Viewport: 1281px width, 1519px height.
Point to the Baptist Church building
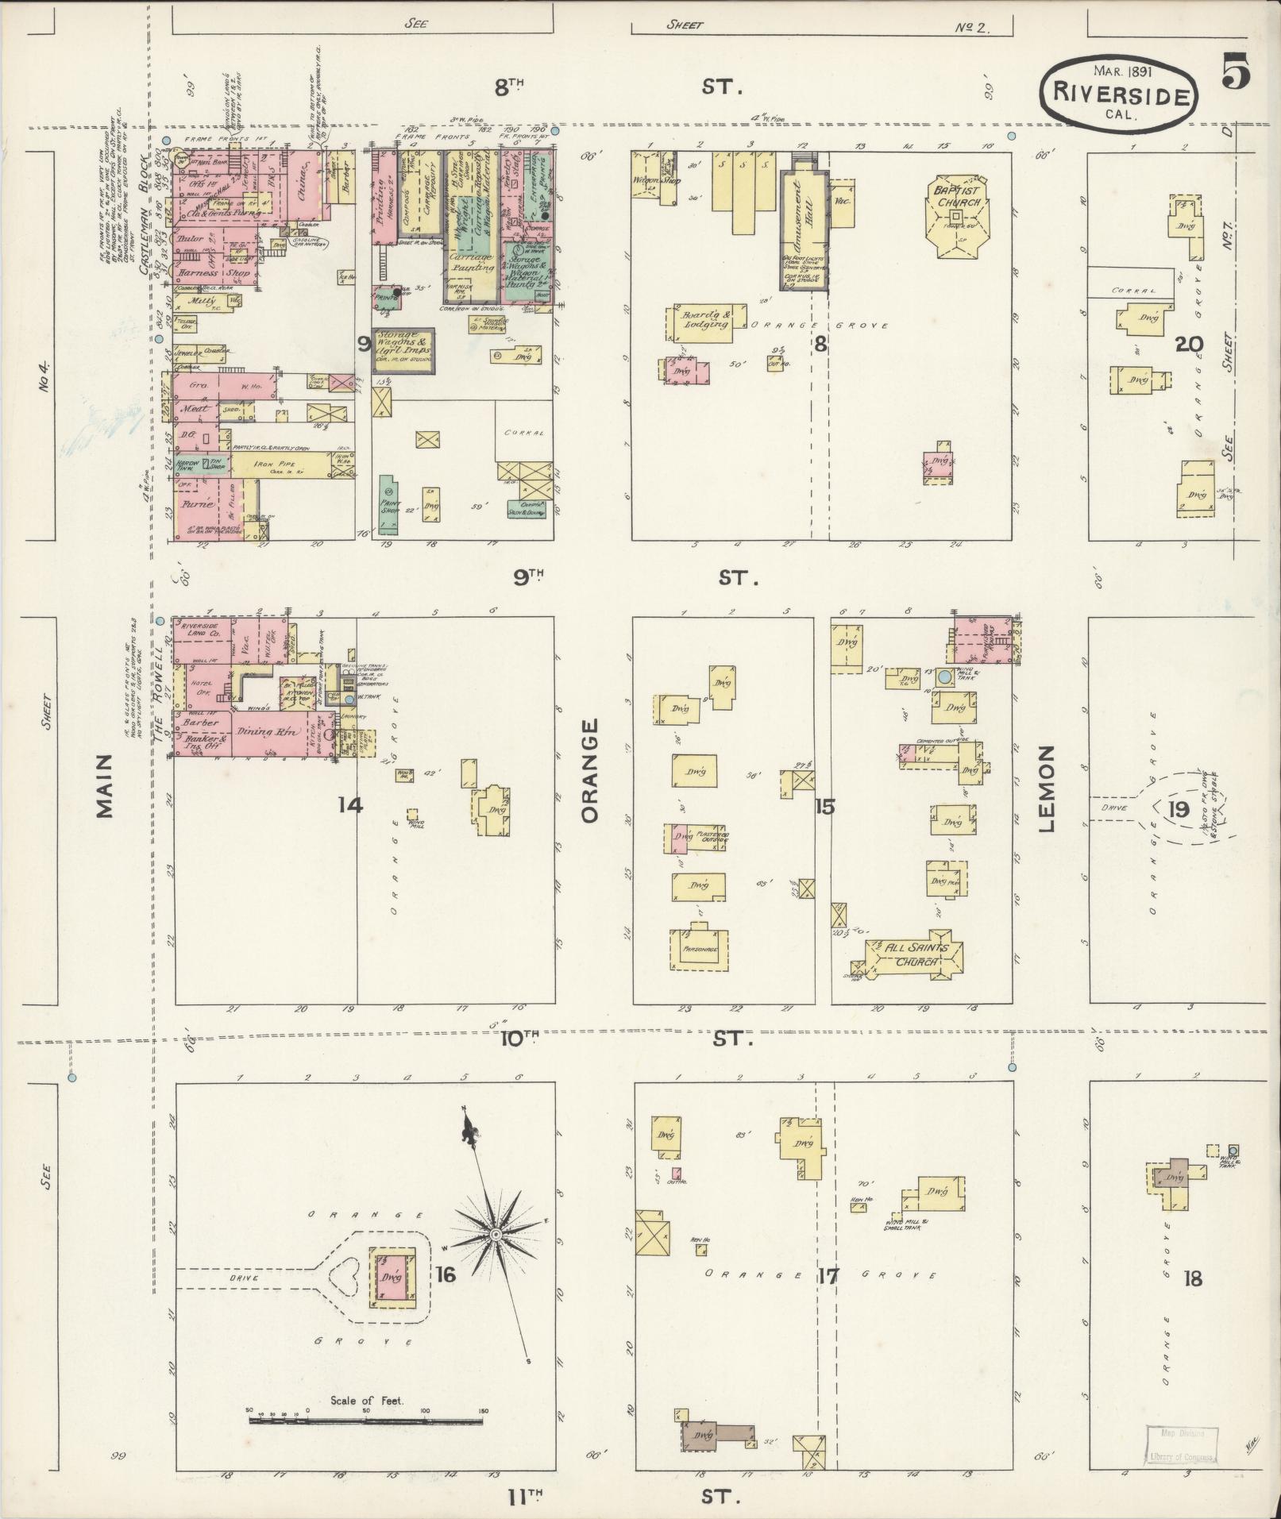coord(958,215)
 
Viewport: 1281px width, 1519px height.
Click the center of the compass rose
coord(496,1256)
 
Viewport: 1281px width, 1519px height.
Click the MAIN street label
coord(103,795)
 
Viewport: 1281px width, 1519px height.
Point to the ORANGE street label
coord(590,770)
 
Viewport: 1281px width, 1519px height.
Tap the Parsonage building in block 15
coord(700,948)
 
